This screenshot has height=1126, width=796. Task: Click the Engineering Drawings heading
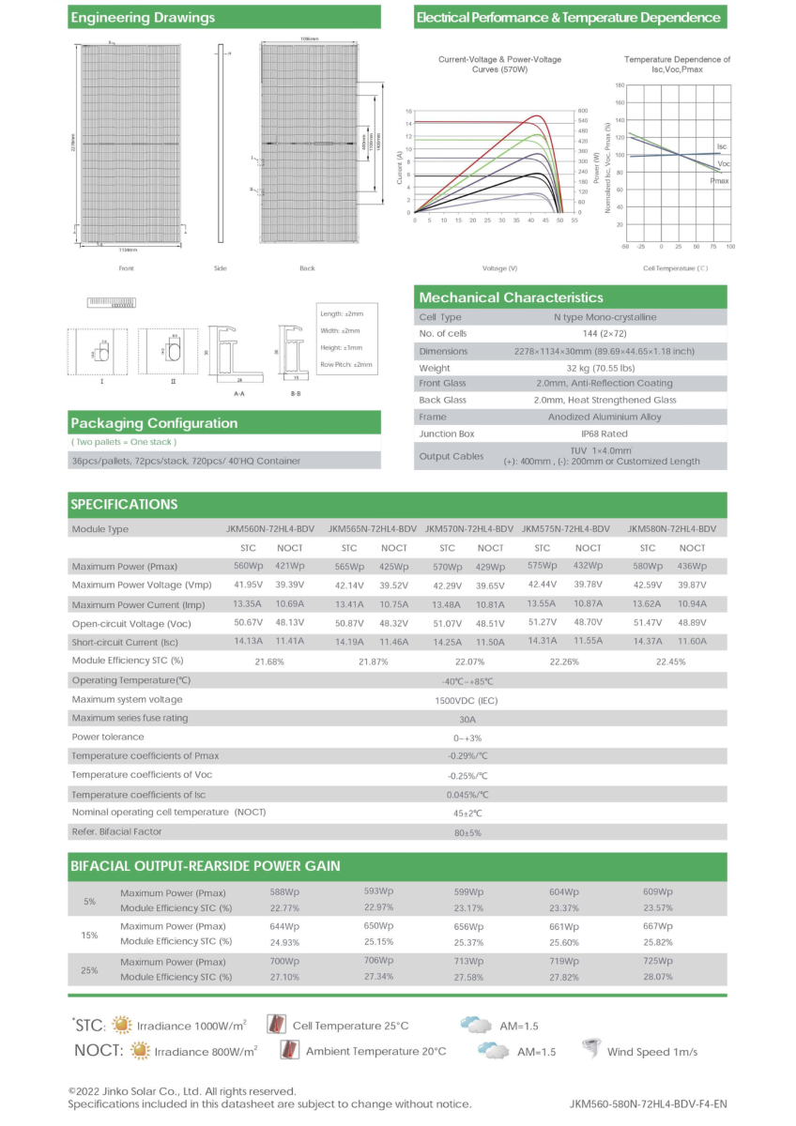pos(143,18)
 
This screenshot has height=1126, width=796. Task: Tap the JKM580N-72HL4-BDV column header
pos(671,529)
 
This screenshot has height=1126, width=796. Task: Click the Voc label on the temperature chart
pos(723,163)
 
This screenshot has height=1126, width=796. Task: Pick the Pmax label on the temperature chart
pos(719,180)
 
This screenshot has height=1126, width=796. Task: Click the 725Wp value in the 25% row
pos(658,962)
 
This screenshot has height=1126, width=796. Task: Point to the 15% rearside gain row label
pos(90,935)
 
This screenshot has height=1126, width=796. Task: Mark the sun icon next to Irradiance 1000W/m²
pos(121,1025)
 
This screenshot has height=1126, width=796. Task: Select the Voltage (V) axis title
pos(499,268)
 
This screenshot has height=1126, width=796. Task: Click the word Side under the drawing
pos(220,268)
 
